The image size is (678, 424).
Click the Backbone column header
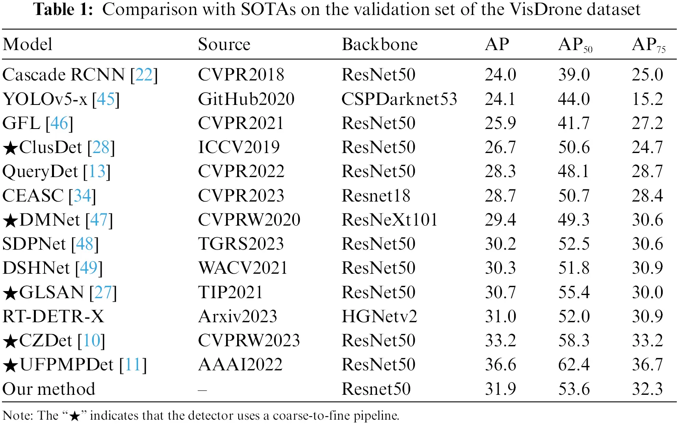[x=379, y=45]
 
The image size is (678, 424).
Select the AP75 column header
[x=648, y=45]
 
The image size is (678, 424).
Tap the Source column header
[x=224, y=45]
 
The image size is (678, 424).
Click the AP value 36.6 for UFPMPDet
[x=500, y=365]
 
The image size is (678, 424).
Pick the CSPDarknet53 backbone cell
[x=399, y=99]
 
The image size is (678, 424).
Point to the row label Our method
[x=49, y=389]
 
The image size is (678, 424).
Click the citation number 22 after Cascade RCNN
[x=144, y=75]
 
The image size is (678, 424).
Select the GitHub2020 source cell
[x=246, y=99]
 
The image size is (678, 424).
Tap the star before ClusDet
[x=11, y=149]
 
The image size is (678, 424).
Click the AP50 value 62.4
[x=574, y=365]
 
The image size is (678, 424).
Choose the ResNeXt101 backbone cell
[x=389, y=220]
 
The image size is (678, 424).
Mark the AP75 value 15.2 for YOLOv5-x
[x=647, y=99]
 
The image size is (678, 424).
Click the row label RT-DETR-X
[x=53, y=317]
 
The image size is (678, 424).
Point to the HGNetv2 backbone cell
[x=379, y=317]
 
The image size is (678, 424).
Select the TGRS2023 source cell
[x=241, y=244]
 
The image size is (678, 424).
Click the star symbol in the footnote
[x=74, y=416]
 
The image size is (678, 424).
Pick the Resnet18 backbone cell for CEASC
[x=375, y=196]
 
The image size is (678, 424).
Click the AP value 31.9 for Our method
[x=500, y=389]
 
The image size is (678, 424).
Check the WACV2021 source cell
[x=243, y=268]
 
